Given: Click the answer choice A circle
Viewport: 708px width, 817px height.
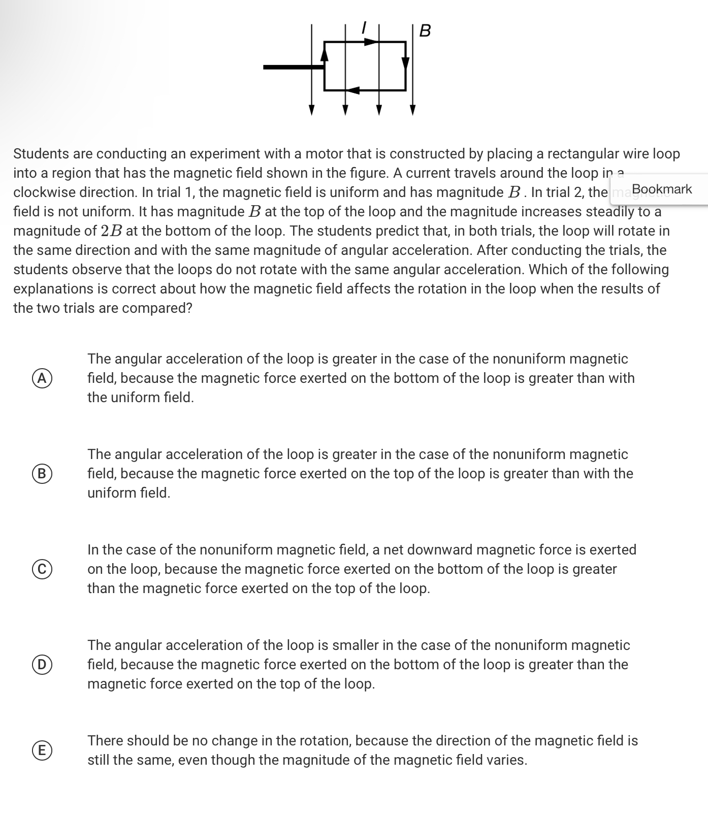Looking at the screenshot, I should tap(43, 378).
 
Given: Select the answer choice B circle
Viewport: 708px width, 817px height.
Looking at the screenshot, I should tap(43, 473).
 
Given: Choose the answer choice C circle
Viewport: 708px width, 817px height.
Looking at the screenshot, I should tap(43, 569).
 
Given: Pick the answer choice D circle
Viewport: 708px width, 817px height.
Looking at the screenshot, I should tap(43, 664).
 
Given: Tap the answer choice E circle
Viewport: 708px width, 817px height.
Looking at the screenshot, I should tap(43, 750).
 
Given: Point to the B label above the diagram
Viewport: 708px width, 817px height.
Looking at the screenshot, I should tap(426, 31).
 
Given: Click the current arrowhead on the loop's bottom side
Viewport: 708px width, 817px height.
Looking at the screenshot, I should tap(355, 90).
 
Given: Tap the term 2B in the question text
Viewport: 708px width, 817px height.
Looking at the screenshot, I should tap(111, 231).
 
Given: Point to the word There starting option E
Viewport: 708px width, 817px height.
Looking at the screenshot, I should tap(105, 740).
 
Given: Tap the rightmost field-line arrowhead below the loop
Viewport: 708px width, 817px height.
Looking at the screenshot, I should tap(412, 110).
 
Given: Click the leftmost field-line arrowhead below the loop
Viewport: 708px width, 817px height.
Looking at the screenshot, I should tap(312, 110).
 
